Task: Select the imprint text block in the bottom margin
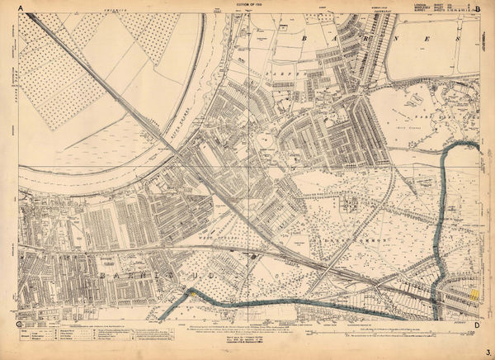(x=247, y=336)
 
